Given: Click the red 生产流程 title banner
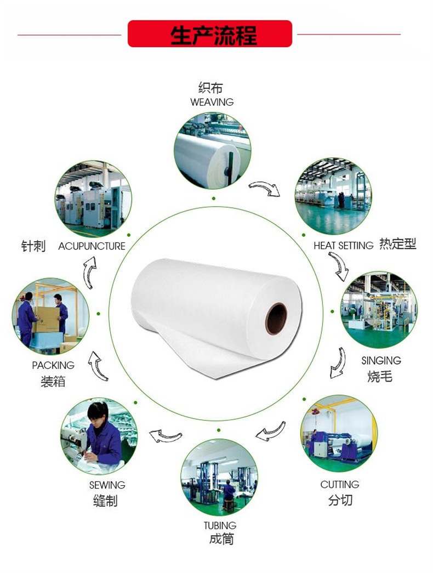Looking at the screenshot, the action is [x=210, y=34].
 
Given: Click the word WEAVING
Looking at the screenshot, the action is [x=212, y=102].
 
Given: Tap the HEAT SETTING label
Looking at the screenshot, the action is [x=343, y=246].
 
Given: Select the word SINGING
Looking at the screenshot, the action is [x=381, y=360].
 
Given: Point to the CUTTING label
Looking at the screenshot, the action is [x=340, y=484].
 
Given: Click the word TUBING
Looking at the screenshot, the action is [x=220, y=525].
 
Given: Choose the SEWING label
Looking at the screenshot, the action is [x=107, y=485].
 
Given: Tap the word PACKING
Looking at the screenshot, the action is [x=53, y=365].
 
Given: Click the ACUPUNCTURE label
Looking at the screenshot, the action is [x=92, y=246].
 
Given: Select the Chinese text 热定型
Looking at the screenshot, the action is [x=398, y=245].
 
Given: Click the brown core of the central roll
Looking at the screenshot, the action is [x=276, y=319].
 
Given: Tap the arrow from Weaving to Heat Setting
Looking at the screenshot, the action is [x=264, y=189].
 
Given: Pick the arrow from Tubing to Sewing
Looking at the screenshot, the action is [x=166, y=435].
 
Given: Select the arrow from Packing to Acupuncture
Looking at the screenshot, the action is [x=89, y=273].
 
